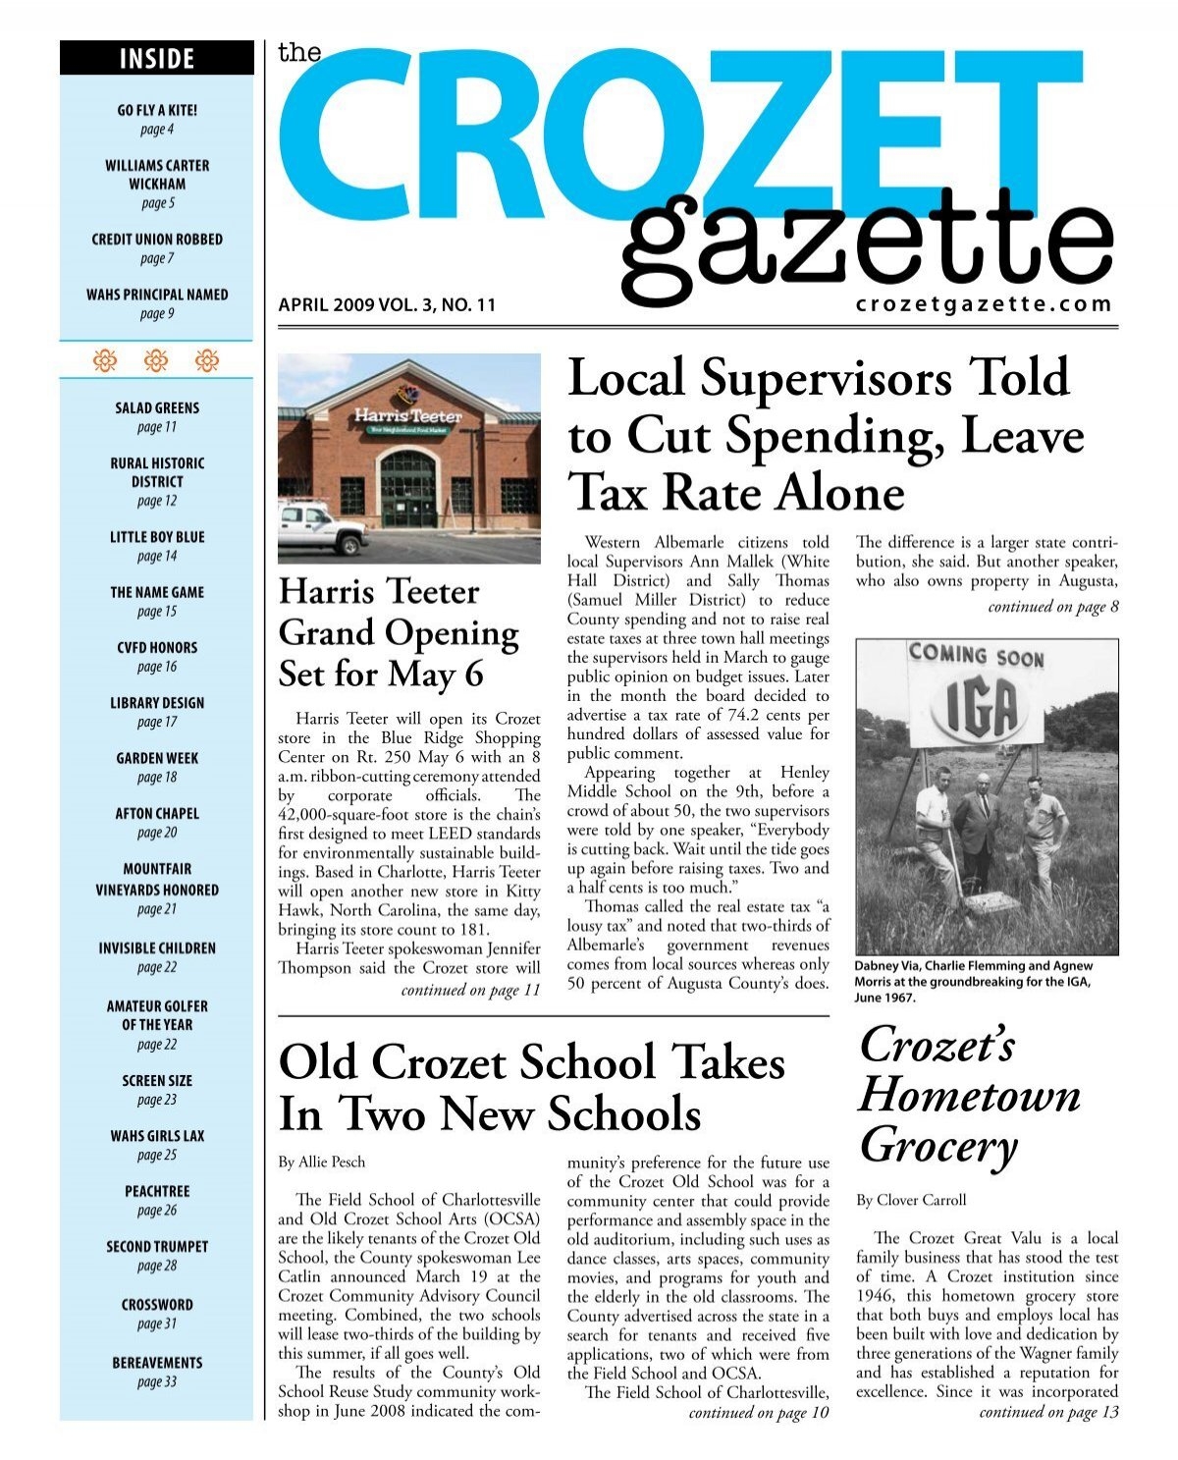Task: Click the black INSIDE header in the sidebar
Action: coord(156,59)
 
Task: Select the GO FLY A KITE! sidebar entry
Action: coord(157,111)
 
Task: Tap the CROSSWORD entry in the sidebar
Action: coord(157,1305)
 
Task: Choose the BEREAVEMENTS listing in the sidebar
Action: coord(157,1363)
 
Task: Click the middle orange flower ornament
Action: coord(156,361)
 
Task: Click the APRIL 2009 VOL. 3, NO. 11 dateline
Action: coord(388,305)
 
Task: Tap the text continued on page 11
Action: coord(471,990)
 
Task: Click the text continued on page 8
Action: coord(1053,607)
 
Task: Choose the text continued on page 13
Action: coord(1048,1412)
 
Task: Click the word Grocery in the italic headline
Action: coord(937,1147)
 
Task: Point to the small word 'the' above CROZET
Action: coord(299,53)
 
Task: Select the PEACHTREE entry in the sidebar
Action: coord(157,1191)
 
